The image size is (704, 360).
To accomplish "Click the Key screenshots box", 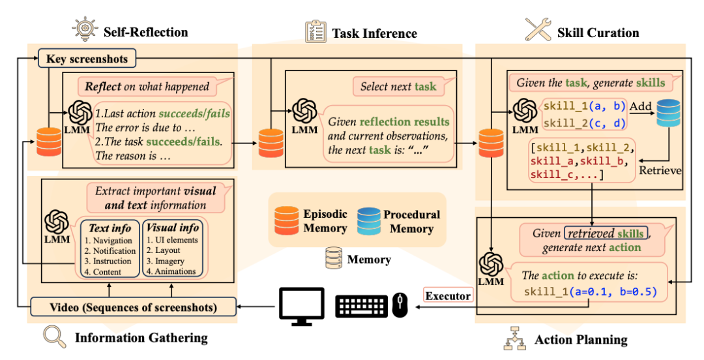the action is click(x=87, y=59).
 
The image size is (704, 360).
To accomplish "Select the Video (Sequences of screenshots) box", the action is click(x=134, y=307).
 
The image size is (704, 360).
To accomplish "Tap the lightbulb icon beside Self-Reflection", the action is click(x=84, y=29).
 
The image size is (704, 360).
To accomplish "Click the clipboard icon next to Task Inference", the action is click(x=315, y=32).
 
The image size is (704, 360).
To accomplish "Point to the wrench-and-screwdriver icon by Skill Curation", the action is click(x=538, y=29).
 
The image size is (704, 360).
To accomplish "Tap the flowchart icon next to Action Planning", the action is click(x=514, y=338).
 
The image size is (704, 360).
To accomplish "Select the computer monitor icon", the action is click(x=302, y=307).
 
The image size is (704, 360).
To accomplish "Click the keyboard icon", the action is click(x=362, y=306).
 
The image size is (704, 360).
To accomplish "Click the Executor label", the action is click(x=448, y=295).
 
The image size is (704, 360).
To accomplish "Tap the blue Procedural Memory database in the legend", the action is click(x=368, y=220).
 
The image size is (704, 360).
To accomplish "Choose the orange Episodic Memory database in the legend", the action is click(x=286, y=220).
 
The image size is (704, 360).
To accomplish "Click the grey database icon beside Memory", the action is click(x=334, y=258).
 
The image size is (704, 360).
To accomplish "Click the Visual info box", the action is click(x=172, y=248).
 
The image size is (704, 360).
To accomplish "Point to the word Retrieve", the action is click(x=660, y=170).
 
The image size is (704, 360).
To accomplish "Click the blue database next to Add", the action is click(x=669, y=113).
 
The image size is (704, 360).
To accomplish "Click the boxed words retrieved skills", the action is click(x=606, y=233).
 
